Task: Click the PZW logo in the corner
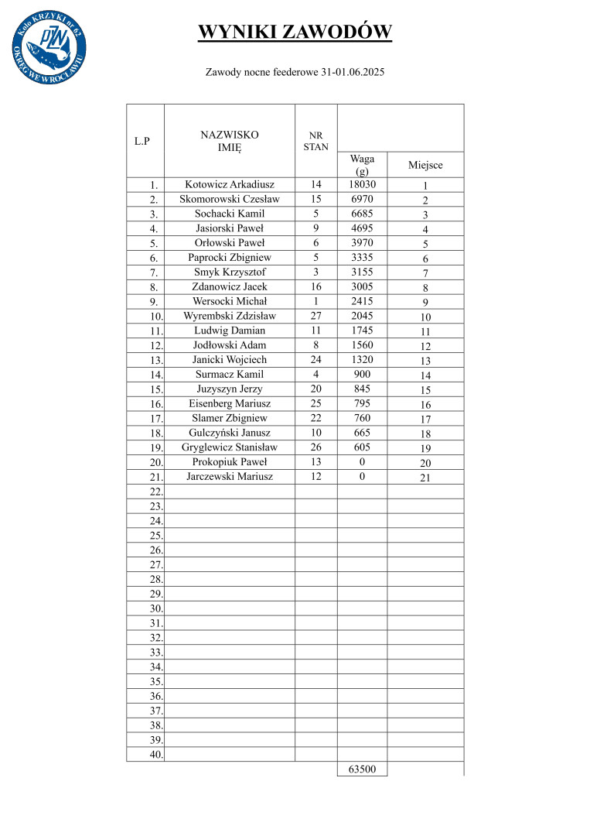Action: (49, 48)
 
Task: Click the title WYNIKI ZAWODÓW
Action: (295, 32)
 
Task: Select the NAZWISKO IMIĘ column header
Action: (230, 140)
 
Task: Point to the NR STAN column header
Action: (315, 140)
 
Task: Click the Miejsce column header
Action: (425, 165)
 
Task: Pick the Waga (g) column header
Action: (362, 164)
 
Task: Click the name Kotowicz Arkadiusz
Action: (230, 185)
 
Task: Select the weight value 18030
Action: (362, 185)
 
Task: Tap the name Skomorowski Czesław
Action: (230, 200)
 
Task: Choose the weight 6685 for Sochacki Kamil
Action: (362, 214)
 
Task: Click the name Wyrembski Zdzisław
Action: (230, 316)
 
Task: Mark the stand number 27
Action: (315, 316)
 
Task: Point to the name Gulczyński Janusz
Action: (230, 433)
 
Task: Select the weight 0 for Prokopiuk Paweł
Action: (362, 462)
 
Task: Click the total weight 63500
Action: (362, 769)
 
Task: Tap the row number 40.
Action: (156, 755)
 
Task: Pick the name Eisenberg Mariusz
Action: (230, 403)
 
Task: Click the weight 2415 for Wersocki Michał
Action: (362, 301)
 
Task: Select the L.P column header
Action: (142, 141)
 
